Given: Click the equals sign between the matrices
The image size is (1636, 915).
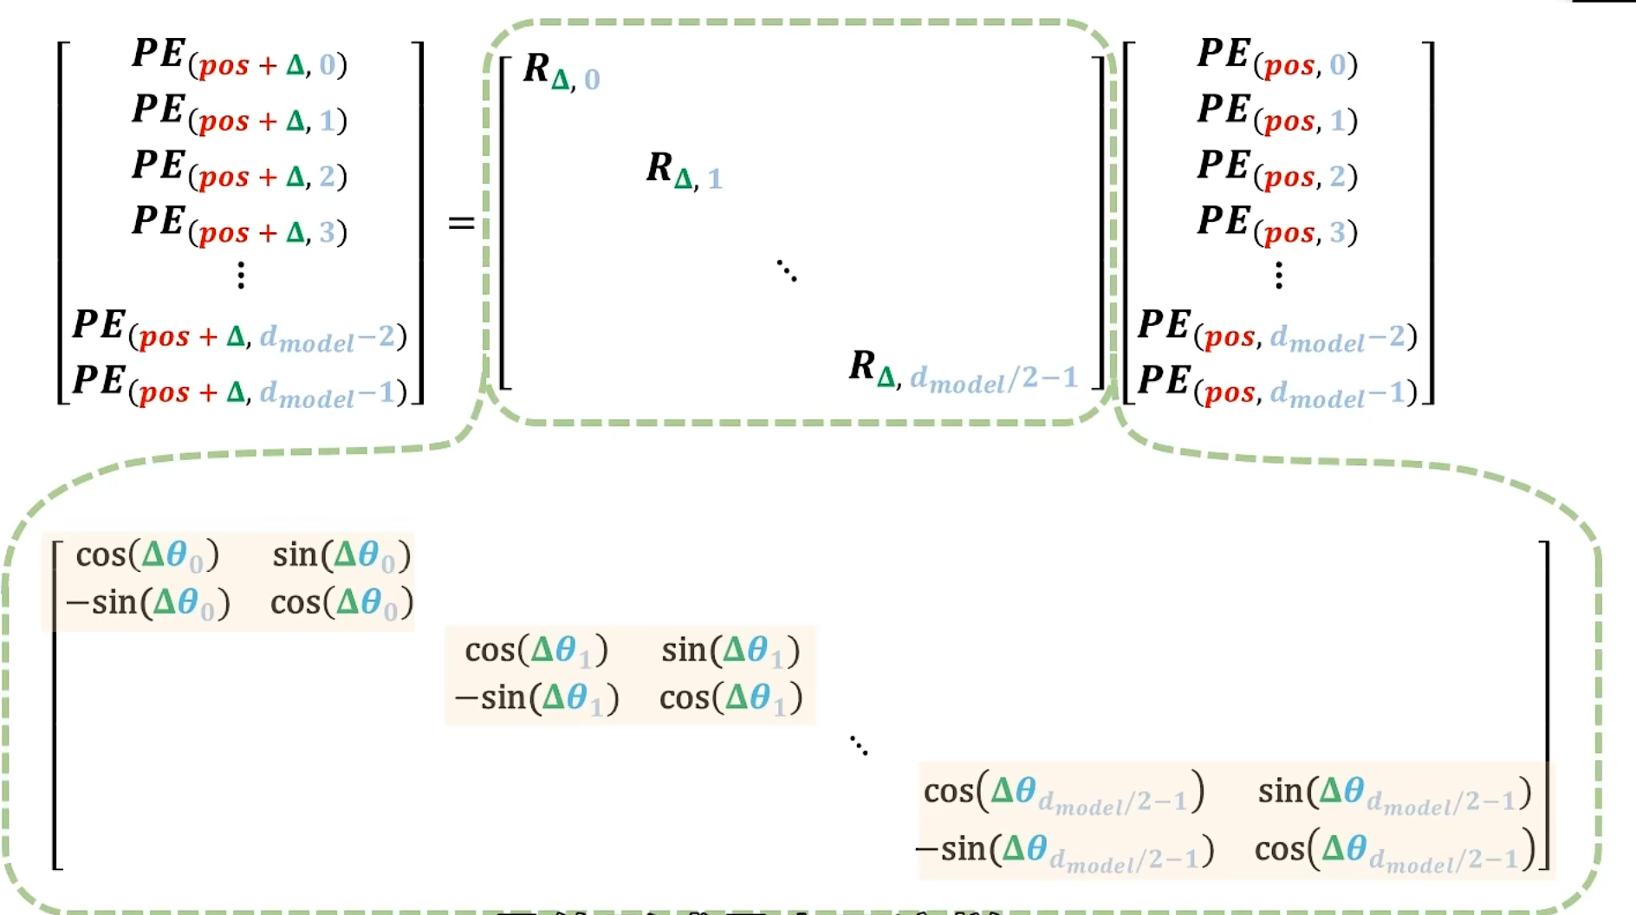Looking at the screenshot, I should pyautogui.click(x=461, y=224).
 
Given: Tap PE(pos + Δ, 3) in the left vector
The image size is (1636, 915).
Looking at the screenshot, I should pyautogui.click(x=240, y=226).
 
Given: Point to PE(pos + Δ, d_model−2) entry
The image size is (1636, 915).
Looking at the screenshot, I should pyautogui.click(x=240, y=331).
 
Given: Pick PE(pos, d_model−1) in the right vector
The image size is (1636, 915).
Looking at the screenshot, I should pyautogui.click(x=1277, y=386).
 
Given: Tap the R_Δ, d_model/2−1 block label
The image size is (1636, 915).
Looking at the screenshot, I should pyautogui.click(x=963, y=371).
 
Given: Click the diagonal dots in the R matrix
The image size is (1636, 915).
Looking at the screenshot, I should pyautogui.click(x=786, y=270).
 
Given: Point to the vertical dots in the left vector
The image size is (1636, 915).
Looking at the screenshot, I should pyautogui.click(x=241, y=276).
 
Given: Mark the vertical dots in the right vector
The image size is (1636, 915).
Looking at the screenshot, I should pyautogui.click(x=1278, y=276).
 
